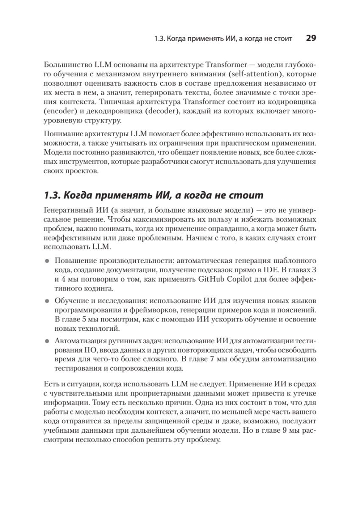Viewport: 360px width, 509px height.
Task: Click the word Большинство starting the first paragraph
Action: [x=64, y=65]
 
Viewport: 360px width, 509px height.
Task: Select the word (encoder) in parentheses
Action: [x=60, y=112]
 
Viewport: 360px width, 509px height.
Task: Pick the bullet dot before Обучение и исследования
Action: [x=47, y=301]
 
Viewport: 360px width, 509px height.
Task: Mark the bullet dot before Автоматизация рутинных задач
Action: [x=47, y=341]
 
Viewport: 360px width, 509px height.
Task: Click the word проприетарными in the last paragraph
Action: [x=144, y=393]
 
